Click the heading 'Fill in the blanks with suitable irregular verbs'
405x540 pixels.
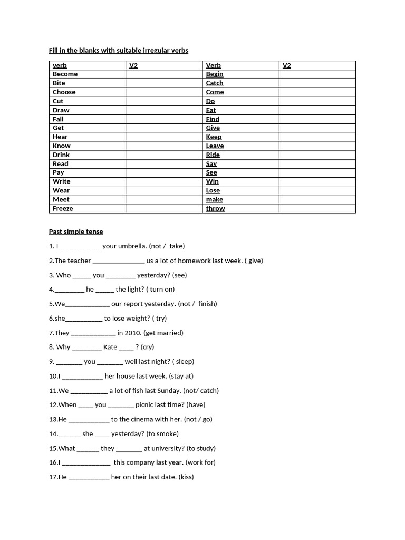click(x=118, y=50)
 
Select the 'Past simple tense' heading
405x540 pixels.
click(x=76, y=232)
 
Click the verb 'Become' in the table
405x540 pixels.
click(x=65, y=74)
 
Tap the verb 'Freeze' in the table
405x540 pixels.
click(x=63, y=208)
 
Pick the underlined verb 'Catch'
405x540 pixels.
click(x=215, y=83)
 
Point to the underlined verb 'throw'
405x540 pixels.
click(x=215, y=208)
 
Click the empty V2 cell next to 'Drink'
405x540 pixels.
click(x=163, y=155)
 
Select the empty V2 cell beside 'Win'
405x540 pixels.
click(x=317, y=181)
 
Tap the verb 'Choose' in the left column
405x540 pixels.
click(x=64, y=92)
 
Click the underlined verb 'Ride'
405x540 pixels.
click(x=213, y=155)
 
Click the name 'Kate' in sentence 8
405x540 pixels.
click(x=110, y=347)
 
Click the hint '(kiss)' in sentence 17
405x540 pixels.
click(x=186, y=477)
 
